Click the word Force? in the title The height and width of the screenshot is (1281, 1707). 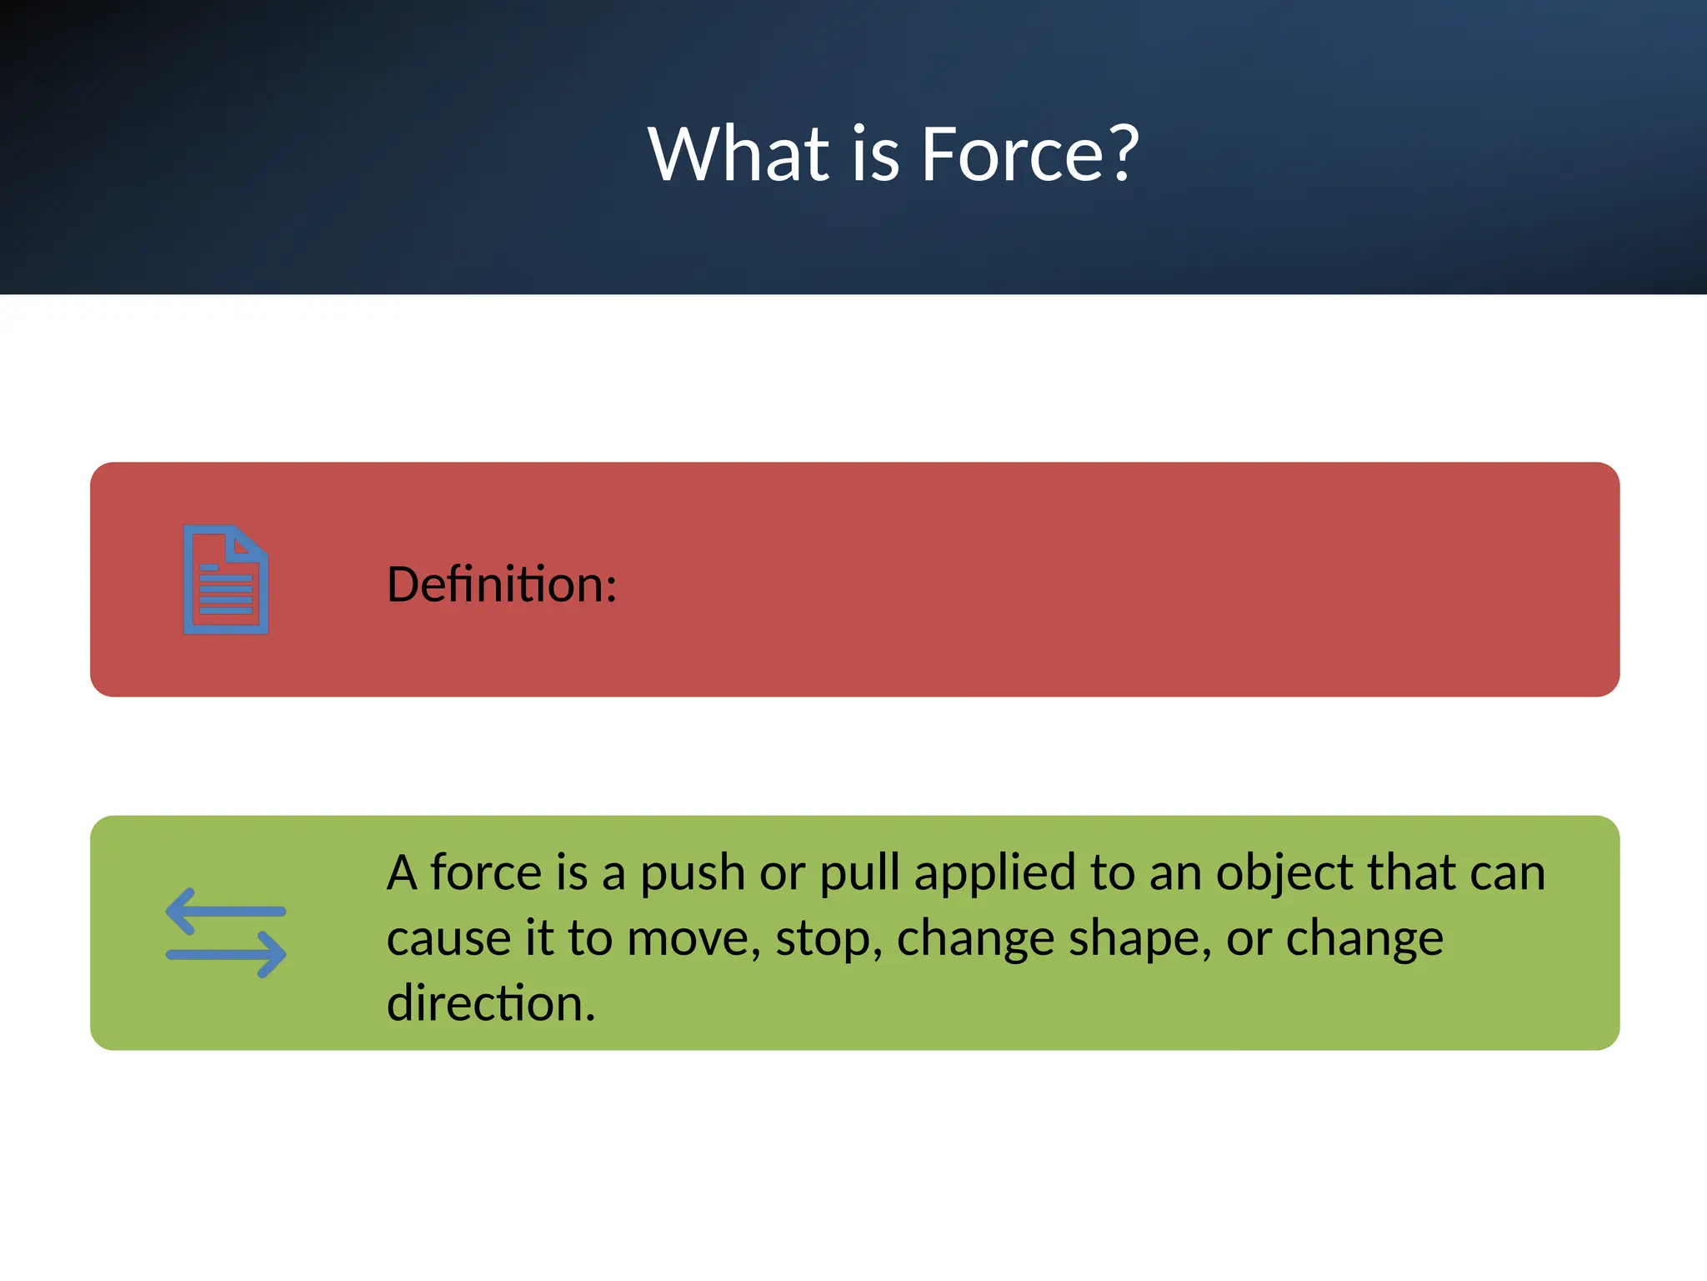point(1029,154)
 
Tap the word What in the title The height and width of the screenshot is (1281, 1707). point(738,154)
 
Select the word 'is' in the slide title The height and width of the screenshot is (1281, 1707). point(875,154)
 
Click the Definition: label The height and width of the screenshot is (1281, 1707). point(502,584)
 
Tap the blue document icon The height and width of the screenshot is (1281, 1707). point(226,580)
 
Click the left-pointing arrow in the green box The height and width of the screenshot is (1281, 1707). point(225,912)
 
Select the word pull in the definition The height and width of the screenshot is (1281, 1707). point(859,874)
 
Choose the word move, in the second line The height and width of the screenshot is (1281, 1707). point(693,939)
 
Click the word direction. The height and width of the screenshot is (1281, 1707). point(491,1003)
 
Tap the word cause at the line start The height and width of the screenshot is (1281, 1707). point(448,939)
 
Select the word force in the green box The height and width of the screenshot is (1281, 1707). point(486,874)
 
